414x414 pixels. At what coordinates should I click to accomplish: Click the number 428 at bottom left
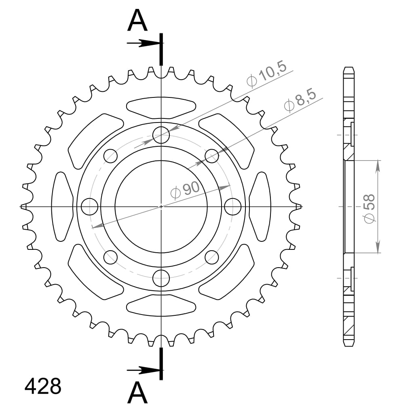coord(43,387)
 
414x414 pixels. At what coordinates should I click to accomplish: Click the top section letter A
coord(137,21)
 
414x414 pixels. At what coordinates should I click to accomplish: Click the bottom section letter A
coord(137,393)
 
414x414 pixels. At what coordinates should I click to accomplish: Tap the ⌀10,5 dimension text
coord(266,75)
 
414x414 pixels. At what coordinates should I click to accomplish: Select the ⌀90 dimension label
coord(185,190)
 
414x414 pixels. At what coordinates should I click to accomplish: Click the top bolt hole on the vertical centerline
coord(161,135)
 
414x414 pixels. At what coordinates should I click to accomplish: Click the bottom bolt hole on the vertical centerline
coord(161,278)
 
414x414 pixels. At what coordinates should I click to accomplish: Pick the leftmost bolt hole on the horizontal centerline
coord(90,207)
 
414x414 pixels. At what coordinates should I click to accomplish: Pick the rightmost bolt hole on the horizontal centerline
coord(233,207)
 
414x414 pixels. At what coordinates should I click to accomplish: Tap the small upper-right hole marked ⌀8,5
coord(212,156)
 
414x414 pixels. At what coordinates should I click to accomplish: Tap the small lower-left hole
coord(111,257)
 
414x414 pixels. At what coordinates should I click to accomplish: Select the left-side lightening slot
coord(62,206)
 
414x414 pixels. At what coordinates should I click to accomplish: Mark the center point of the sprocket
coord(161,207)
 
